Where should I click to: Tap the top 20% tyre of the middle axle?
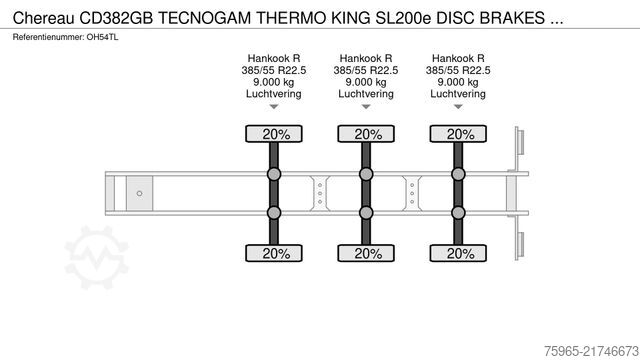coord(366,134)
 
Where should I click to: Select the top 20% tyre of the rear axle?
coord(458,134)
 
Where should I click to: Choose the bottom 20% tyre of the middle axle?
coord(366,254)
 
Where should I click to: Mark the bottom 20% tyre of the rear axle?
coord(458,254)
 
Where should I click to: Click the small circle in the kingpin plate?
coord(141,193)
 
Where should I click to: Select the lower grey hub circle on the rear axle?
coord(458,212)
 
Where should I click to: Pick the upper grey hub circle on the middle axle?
coord(366,175)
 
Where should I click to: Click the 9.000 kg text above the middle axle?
coord(366,82)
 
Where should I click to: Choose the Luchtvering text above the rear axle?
coord(458,94)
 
